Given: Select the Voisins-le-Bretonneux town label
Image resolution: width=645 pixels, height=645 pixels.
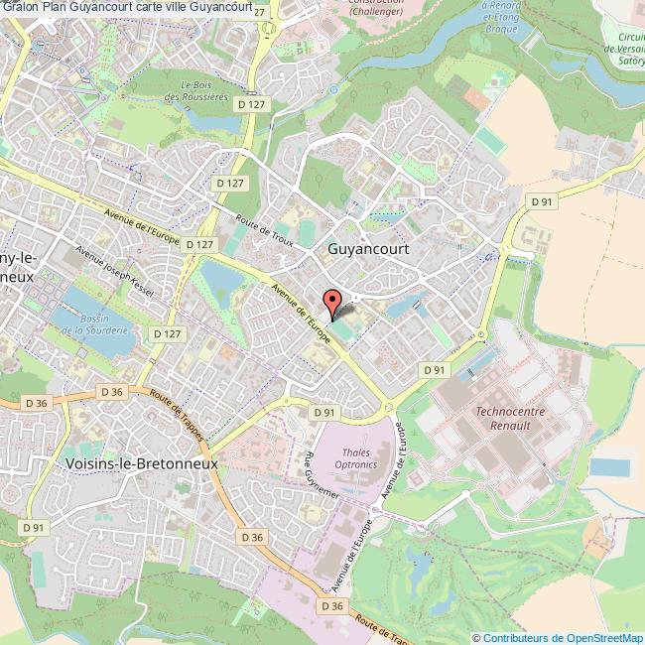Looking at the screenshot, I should [x=140, y=462].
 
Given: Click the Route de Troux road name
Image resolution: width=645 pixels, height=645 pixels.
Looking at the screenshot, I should [x=266, y=233].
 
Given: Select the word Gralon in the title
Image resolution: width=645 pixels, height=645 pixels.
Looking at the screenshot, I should [x=20, y=9].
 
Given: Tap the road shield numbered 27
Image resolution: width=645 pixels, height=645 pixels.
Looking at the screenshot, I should [x=259, y=11].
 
